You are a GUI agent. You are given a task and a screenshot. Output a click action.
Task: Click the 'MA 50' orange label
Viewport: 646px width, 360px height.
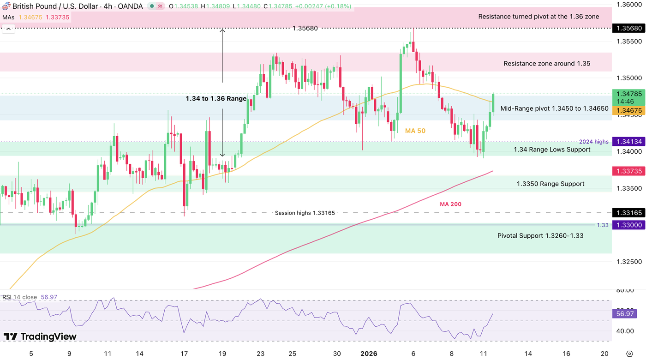pos(415,131)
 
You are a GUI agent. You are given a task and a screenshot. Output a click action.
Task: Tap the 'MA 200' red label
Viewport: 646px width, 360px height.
pos(451,204)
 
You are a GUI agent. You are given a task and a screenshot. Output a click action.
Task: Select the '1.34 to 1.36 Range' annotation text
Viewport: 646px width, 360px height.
pos(216,98)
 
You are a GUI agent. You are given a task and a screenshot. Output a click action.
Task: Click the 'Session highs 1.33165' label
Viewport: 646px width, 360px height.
pos(305,213)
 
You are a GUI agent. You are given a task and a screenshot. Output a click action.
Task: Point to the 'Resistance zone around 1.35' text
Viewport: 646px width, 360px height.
pos(547,64)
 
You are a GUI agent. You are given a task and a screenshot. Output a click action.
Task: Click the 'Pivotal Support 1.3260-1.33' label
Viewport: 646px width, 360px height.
pos(540,236)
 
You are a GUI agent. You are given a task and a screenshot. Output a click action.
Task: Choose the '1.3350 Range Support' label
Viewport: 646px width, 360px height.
pos(550,184)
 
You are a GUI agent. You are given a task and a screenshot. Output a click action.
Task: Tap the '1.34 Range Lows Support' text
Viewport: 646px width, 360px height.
pos(552,150)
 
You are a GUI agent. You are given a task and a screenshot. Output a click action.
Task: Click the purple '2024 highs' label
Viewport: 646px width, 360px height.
pos(593,142)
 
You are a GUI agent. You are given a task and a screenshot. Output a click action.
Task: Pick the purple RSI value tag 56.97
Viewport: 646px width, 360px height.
pos(625,314)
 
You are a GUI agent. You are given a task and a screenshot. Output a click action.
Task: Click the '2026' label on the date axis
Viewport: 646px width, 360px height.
pos(369,354)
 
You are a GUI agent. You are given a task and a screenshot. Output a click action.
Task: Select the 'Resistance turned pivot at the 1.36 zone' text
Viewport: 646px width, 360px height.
pos(538,17)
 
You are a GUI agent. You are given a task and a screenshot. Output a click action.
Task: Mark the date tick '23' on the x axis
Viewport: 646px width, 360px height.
pos(261,354)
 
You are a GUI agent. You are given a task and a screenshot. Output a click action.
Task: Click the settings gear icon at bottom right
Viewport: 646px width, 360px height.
pos(629,354)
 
